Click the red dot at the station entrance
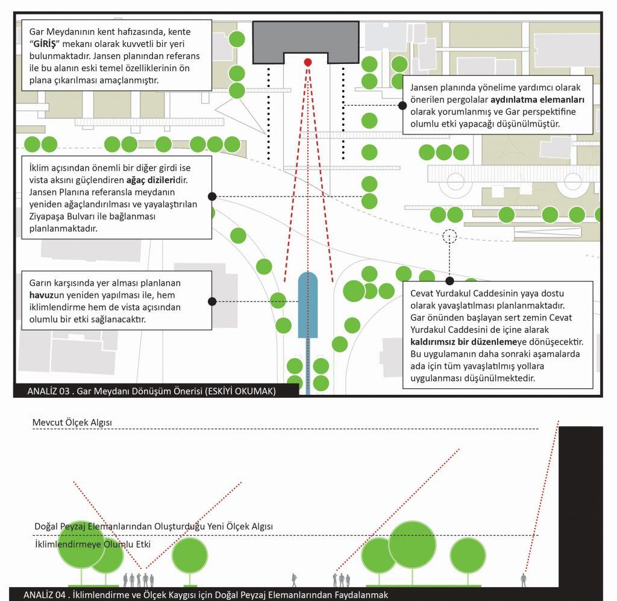coord(308,62)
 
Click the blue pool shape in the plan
coord(308,305)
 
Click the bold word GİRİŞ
coord(45,43)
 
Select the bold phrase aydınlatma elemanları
coord(537,99)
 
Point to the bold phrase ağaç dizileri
coord(151,180)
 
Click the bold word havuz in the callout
coord(42,295)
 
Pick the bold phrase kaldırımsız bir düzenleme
coord(463,342)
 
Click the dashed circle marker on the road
coord(449,236)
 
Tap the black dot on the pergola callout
coord(402,105)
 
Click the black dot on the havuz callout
coord(212,301)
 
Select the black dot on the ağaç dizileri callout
coord(212,197)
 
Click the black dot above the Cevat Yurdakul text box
coord(449,281)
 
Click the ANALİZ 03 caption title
coord(151,391)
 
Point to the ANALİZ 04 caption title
coord(205,595)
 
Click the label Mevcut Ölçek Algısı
coord(72,423)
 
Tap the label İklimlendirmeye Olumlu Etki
coord(93,544)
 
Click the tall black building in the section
coord(581,508)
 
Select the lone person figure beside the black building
coord(524,580)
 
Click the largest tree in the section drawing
coord(412,545)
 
